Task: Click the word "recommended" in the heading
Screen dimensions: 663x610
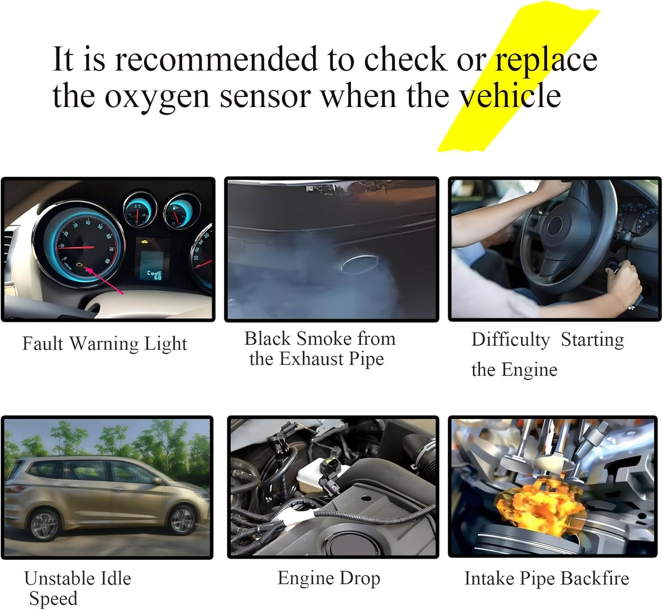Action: (x=216, y=59)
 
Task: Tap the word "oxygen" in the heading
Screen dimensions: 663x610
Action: (x=157, y=97)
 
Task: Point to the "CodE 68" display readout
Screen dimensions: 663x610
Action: (x=155, y=275)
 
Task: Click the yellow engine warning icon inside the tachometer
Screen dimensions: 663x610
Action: (x=80, y=265)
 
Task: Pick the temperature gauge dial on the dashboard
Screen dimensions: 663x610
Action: (x=140, y=210)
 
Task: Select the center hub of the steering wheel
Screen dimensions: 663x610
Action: (x=555, y=227)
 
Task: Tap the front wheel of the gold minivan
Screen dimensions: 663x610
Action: (x=183, y=520)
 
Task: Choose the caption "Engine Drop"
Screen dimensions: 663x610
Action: (x=329, y=579)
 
